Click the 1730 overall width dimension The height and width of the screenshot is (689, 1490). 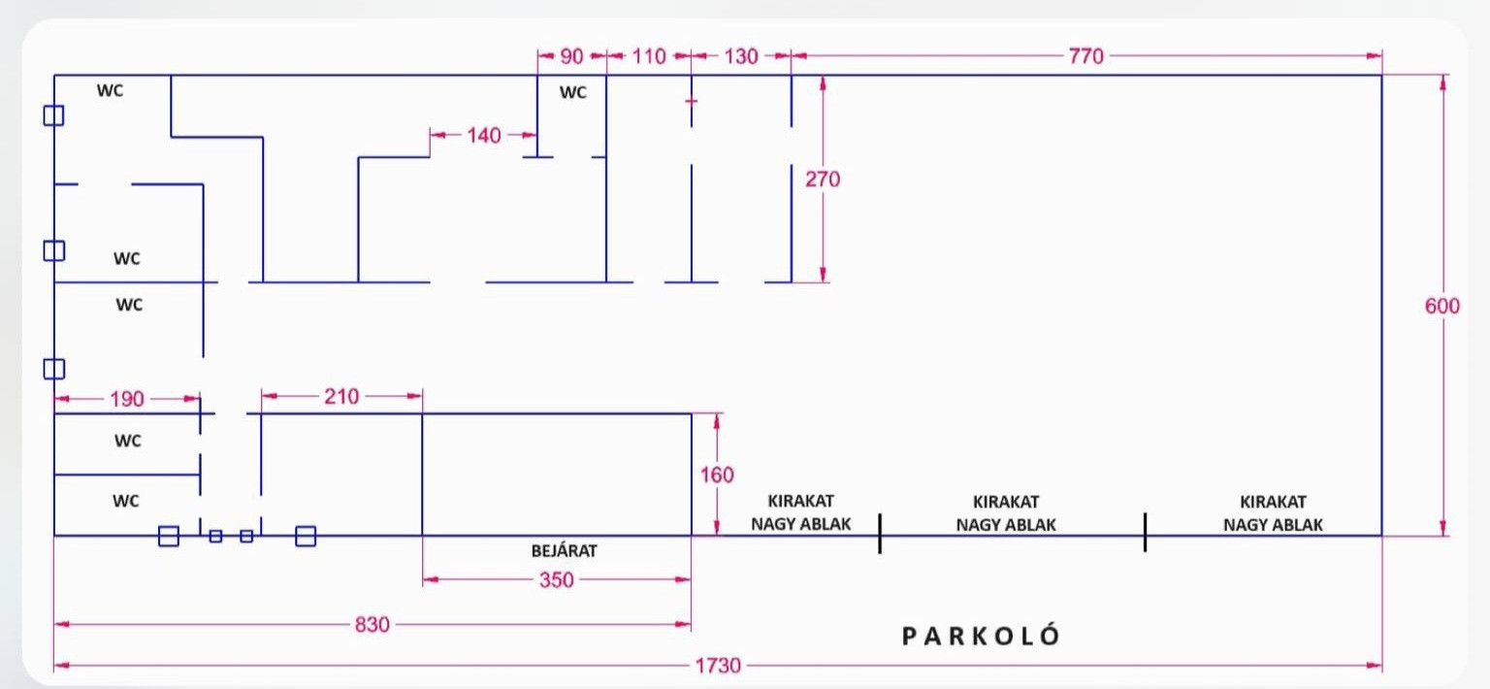point(718,665)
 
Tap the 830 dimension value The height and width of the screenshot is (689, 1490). point(372,624)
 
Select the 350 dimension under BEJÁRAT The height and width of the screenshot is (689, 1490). point(556,579)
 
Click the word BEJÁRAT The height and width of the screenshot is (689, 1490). point(564,550)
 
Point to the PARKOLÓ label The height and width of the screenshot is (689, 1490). point(981,636)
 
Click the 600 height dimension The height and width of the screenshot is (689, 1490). point(1442,306)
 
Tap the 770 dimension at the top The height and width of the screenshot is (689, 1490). point(1086,56)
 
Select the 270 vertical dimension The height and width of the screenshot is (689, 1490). point(823,180)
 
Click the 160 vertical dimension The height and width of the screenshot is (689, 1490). point(717,475)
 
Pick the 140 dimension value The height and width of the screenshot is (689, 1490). point(484,136)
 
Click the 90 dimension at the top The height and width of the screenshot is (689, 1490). point(571,56)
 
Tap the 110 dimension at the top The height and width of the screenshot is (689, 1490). point(649,56)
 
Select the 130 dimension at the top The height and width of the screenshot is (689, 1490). point(741,56)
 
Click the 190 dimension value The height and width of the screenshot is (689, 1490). point(126,399)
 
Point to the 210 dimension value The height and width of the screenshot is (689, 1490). point(341,397)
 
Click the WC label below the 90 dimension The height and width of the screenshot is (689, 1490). point(572,92)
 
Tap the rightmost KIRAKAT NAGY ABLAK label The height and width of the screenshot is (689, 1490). point(1273,513)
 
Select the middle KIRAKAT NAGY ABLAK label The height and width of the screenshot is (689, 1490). point(1006,513)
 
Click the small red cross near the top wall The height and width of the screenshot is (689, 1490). point(691,101)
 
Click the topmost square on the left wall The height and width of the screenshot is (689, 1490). point(54,115)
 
